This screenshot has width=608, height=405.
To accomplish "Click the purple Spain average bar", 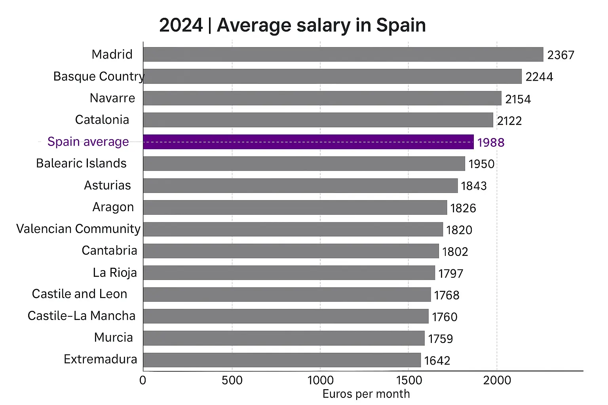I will coord(308,142).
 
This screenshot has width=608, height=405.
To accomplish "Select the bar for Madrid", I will coord(343,55).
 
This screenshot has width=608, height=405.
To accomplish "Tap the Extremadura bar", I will coord(282,360).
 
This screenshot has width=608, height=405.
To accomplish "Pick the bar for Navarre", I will coord(322,98).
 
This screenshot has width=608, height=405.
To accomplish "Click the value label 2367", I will coord(560,55).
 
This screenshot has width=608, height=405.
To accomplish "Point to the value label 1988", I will coord(491,142).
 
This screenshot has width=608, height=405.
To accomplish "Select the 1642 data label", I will coord(437,361).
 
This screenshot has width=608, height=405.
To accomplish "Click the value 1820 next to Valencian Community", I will coord(459,230).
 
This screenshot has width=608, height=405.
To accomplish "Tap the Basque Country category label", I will coord(99,76).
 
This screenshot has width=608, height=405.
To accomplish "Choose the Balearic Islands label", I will coord(81,163).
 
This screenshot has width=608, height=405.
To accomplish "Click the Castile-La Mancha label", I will coord(82,316).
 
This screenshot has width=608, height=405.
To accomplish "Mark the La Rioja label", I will coord(115,273).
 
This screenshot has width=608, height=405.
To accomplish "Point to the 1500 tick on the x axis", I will coord(409,380).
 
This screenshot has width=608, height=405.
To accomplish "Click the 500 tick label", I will coord(232,380).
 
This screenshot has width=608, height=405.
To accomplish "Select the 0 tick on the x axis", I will coord(143,380).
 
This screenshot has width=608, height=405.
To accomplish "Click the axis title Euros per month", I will coord(366,394).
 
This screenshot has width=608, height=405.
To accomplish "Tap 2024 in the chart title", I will coord(181,25).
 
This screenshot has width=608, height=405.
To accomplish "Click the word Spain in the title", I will coord(401,25).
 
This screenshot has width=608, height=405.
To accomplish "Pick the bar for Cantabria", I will coord(291,251).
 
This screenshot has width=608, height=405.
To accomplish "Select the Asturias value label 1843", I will coord(474,186).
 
